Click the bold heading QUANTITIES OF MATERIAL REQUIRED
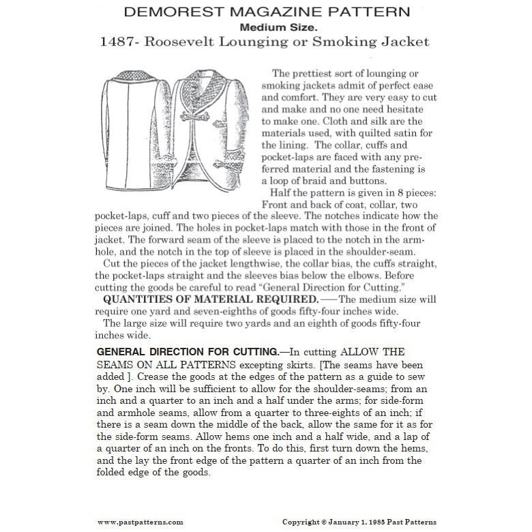pyautogui.click(x=190, y=300)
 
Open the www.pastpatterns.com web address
pyautogui.click(x=140, y=522)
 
